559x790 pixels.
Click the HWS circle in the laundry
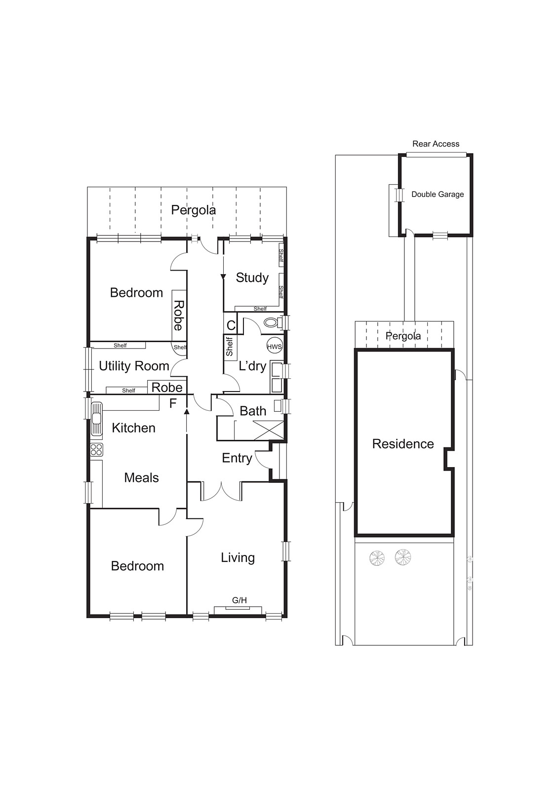pyautogui.click(x=274, y=347)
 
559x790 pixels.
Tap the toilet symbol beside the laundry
pyautogui.click(x=271, y=323)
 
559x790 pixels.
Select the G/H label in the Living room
pyautogui.click(x=239, y=600)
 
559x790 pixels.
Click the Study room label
pyautogui.click(x=252, y=277)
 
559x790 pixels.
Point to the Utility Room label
pyautogui.click(x=134, y=366)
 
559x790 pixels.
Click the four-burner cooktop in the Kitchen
pyautogui.click(x=96, y=449)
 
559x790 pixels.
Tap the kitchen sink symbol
pyautogui.click(x=96, y=418)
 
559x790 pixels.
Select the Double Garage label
pyautogui.click(x=438, y=195)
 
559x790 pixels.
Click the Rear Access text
pyautogui.click(x=436, y=144)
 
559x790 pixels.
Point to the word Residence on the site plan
pyautogui.click(x=403, y=444)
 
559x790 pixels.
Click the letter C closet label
pyautogui.click(x=231, y=326)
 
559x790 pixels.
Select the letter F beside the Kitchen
pyautogui.click(x=173, y=404)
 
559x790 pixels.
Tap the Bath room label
pyautogui.click(x=253, y=411)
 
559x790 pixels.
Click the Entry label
pyautogui.click(x=237, y=458)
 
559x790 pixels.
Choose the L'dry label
pyautogui.click(x=252, y=366)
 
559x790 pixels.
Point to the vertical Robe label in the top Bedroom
pyautogui.click(x=179, y=316)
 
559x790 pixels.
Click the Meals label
pyautogui.click(x=141, y=477)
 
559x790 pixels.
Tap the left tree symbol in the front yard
pyautogui.click(x=377, y=558)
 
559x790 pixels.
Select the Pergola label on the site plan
pyautogui.click(x=403, y=336)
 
